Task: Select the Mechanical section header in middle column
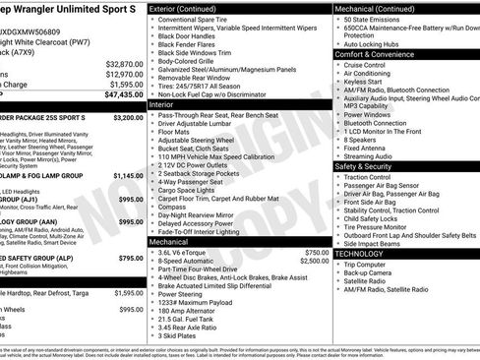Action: point(169,240)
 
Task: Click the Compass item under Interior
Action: point(174,206)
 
